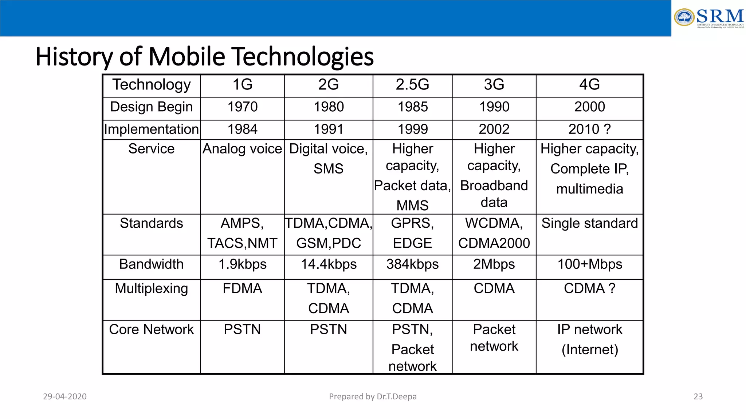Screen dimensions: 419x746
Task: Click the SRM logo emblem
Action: tap(684, 17)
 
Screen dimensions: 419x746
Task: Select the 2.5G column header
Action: tap(412, 85)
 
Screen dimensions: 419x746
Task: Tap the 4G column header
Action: tap(589, 85)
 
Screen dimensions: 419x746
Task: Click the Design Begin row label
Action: tap(151, 107)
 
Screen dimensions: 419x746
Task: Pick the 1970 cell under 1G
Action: tap(242, 107)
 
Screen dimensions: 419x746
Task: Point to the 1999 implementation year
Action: tap(412, 129)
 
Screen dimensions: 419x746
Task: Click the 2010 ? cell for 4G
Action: tap(589, 129)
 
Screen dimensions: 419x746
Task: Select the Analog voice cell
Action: tap(242, 149)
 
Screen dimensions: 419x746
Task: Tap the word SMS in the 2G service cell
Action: tap(328, 169)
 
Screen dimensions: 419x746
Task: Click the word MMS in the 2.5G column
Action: tap(412, 205)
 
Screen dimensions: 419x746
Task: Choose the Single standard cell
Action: tap(589, 223)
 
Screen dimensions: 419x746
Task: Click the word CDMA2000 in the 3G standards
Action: tap(494, 243)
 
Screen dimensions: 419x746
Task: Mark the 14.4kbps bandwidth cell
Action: tap(328, 264)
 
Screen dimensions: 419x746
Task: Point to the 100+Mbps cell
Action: tap(589, 264)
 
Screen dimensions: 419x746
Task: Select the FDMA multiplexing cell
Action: tap(242, 288)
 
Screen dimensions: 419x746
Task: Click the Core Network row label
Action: tap(151, 330)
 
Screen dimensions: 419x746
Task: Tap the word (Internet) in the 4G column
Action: tap(589, 350)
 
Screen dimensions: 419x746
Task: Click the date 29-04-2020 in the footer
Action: tap(65, 396)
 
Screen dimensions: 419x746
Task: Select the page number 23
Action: tap(698, 396)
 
